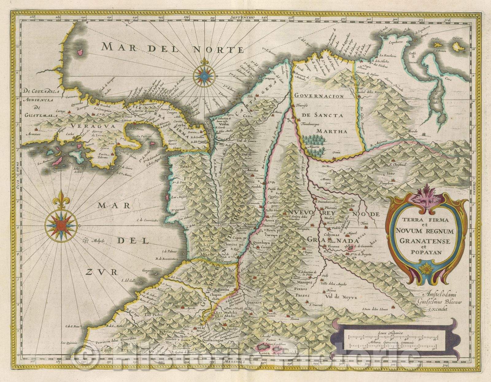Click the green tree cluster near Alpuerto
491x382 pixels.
point(314,142)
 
